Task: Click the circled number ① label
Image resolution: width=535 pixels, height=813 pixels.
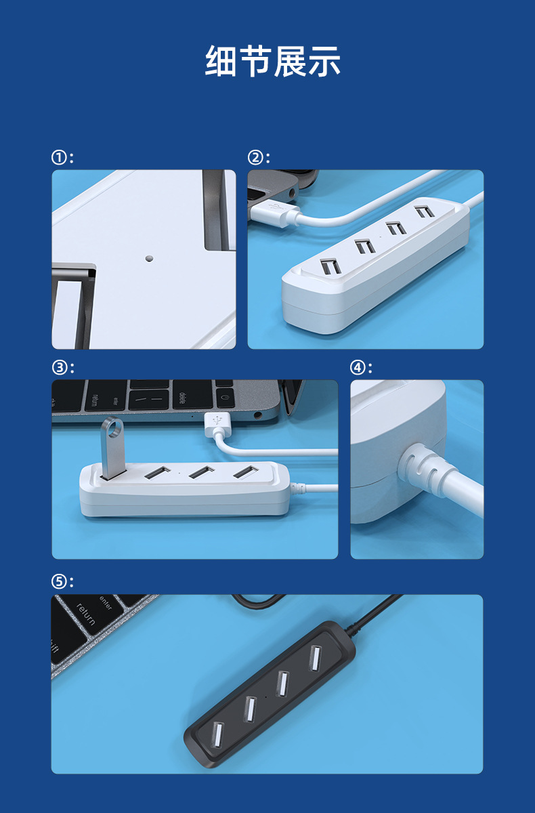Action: (58, 158)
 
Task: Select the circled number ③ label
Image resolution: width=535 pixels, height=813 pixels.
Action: (59, 368)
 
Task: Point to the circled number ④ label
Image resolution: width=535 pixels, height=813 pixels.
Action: (357, 368)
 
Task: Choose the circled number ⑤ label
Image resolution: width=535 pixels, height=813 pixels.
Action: (58, 582)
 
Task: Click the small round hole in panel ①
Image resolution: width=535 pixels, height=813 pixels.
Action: (149, 258)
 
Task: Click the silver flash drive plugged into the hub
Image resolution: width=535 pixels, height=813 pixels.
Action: (113, 449)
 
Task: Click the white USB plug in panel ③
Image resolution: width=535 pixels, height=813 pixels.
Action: (217, 425)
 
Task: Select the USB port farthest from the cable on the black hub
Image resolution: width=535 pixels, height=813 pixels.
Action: (217, 734)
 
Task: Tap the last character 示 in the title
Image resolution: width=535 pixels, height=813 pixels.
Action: (324, 61)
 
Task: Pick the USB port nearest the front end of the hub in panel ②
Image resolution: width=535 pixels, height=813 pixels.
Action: (330, 266)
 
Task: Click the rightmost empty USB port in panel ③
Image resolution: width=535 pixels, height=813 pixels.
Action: (246, 472)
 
